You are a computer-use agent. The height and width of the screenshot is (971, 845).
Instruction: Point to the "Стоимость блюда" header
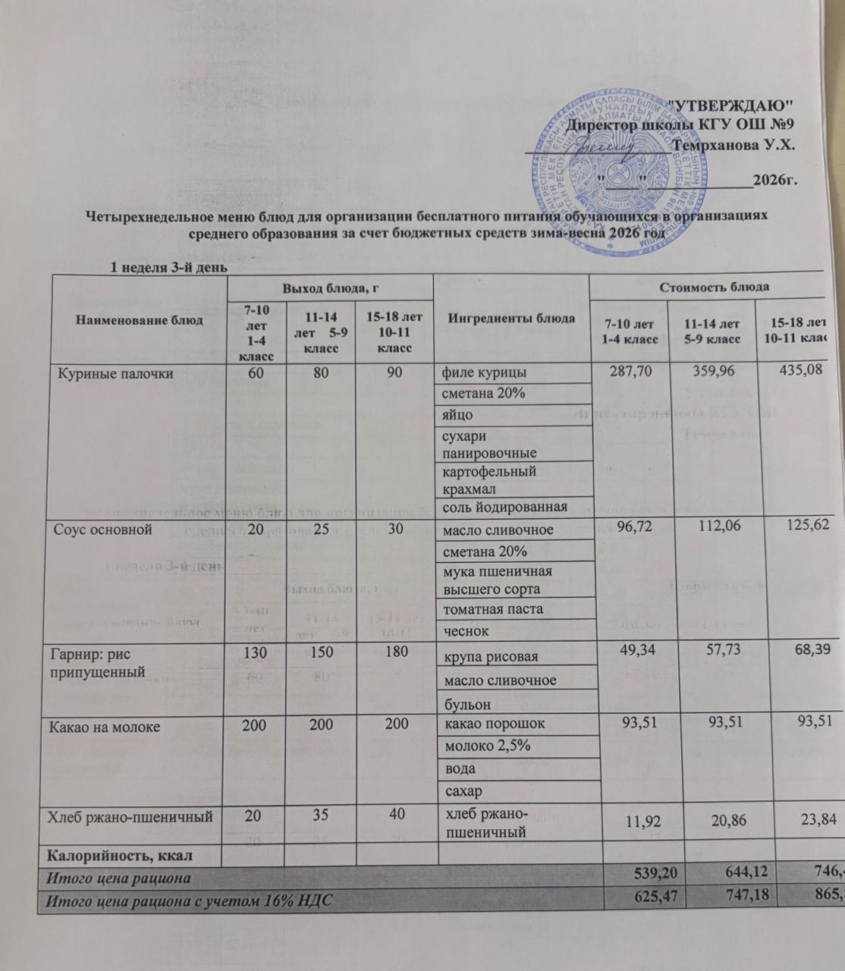pyautogui.click(x=715, y=287)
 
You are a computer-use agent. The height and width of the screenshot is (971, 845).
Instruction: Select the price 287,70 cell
pyautogui.click(x=630, y=372)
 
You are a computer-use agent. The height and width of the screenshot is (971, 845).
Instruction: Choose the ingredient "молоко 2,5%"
pyautogui.click(x=485, y=746)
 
